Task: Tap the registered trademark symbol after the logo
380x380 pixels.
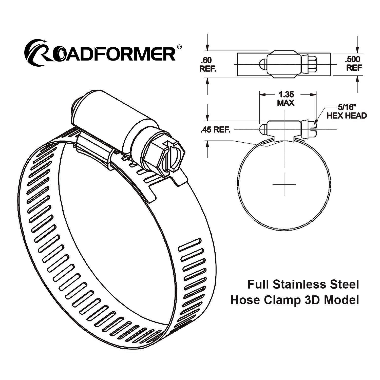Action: tap(179, 47)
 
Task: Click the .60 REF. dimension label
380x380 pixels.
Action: tap(207, 65)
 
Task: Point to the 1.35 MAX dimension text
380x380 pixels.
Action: tap(286, 99)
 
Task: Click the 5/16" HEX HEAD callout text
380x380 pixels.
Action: tap(346, 112)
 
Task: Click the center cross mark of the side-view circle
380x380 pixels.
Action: tap(284, 184)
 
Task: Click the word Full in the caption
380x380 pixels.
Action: tap(258, 284)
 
